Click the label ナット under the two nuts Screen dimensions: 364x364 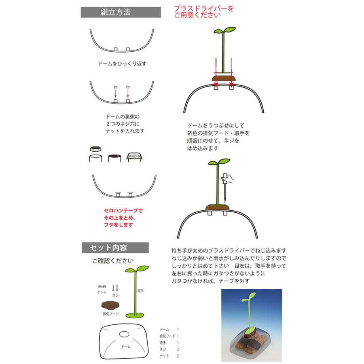tap(102, 292)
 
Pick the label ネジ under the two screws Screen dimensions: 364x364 tap(116, 295)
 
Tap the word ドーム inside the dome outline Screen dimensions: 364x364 tap(126, 347)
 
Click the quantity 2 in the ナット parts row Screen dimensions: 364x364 tap(178, 356)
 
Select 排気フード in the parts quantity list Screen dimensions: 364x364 tap(168, 336)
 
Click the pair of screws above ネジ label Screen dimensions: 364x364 tap(116, 288)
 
